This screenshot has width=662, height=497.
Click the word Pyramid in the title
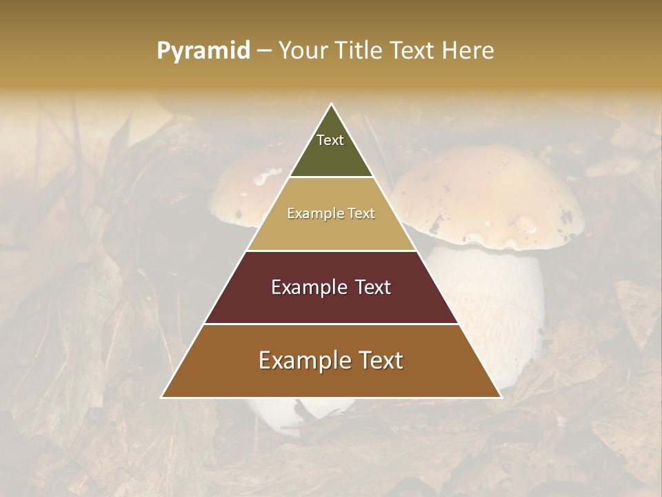203,51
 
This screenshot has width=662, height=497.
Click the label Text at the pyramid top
330,140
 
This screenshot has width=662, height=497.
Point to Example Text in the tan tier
331,214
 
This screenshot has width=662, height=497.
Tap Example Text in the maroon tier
331,287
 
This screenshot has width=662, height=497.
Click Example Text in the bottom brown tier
331,360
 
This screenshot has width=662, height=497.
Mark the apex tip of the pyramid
331,105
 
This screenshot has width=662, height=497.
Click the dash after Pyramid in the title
264,51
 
